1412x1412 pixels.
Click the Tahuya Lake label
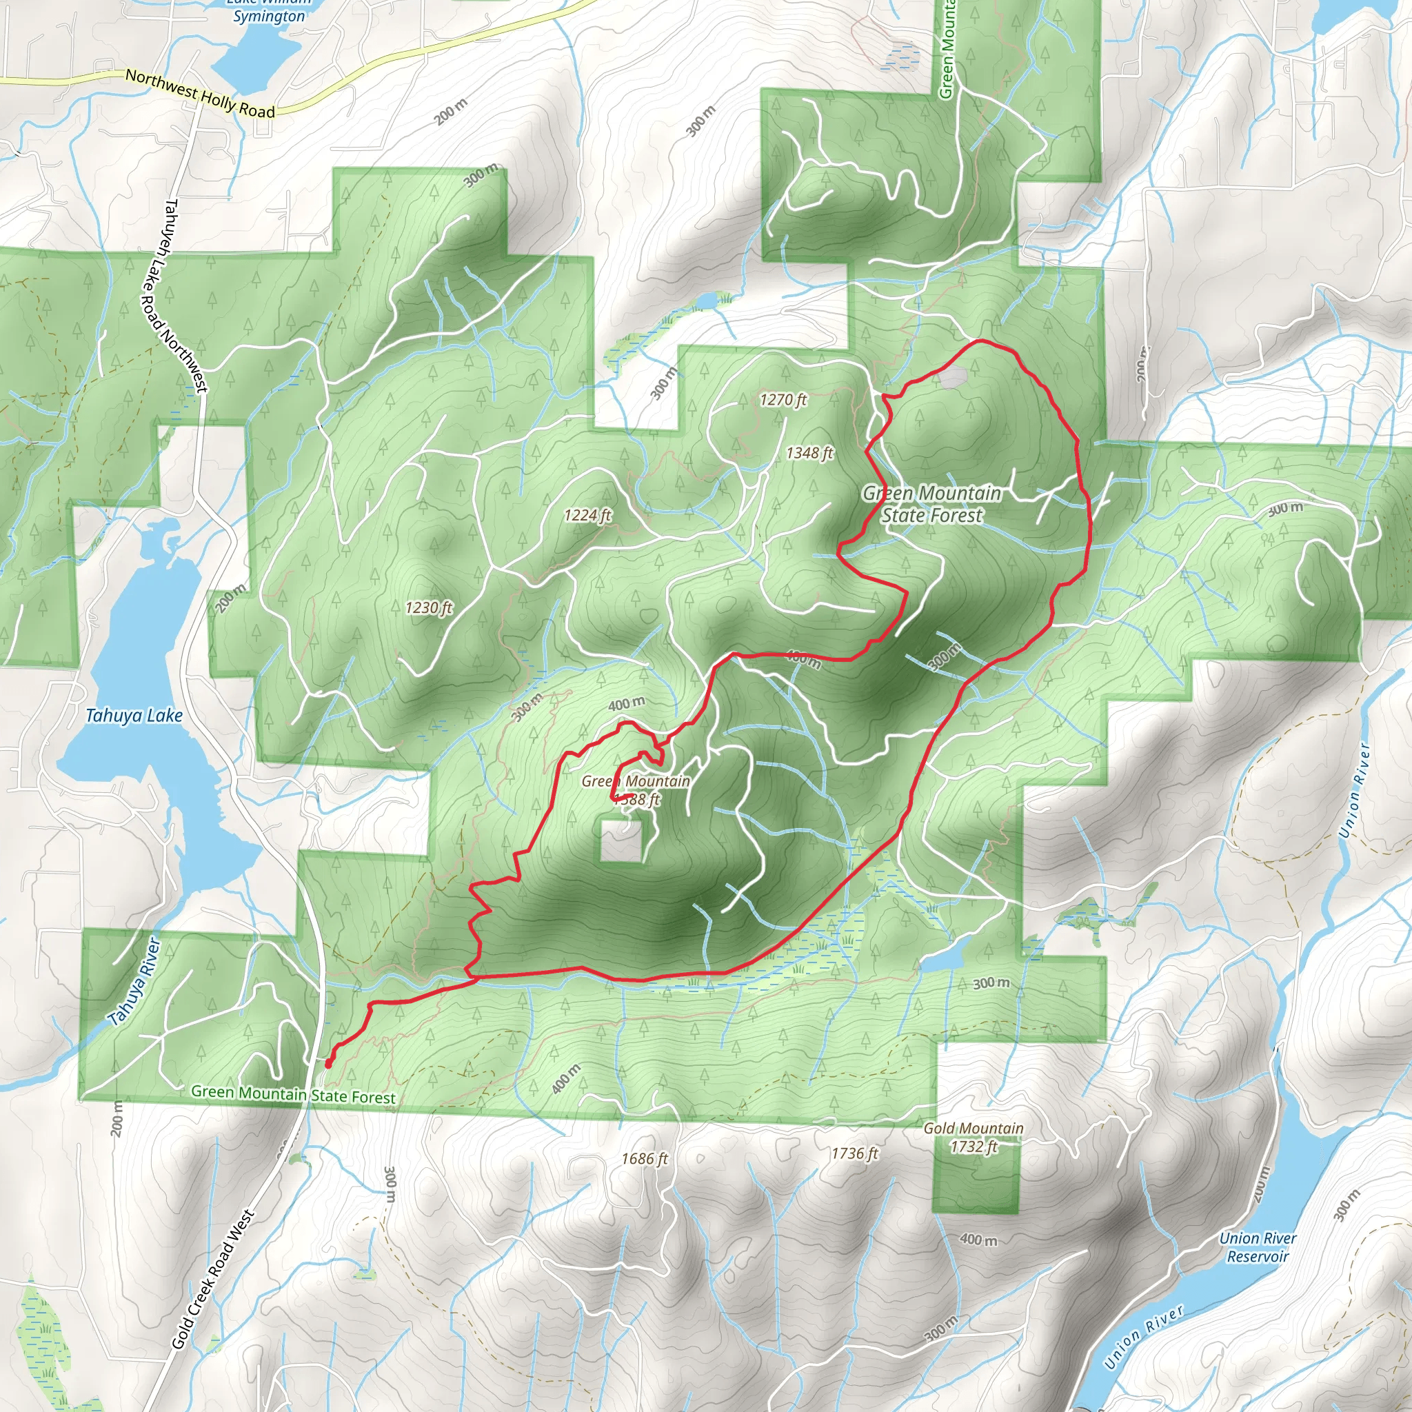pos(134,716)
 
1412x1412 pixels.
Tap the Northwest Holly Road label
pos(199,94)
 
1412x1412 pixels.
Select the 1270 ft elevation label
pos(783,400)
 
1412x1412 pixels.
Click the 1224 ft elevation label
pos(587,515)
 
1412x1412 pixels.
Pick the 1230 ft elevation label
pos(429,607)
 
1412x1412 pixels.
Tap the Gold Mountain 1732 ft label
pos(974,1137)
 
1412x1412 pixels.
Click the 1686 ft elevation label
pos(645,1158)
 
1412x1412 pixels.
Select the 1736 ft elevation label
pos(854,1153)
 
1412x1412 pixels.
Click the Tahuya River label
pos(134,981)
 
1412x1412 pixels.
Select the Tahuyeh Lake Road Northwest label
pos(174,295)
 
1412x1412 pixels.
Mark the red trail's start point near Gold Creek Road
pos(327,1064)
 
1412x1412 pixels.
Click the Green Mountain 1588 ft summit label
pos(636,789)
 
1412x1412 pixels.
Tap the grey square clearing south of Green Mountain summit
pos(621,840)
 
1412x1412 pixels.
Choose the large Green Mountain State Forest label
pos(932,504)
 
